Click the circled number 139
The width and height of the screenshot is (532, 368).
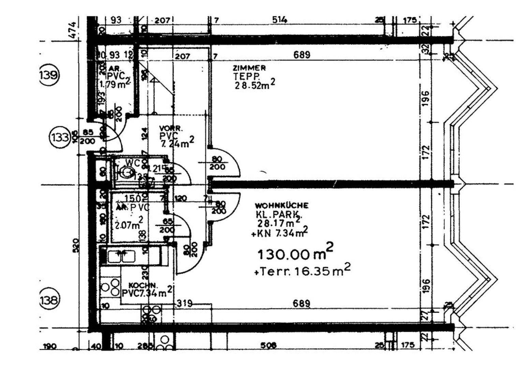tap(48, 75)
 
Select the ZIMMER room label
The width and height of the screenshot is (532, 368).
tap(249, 68)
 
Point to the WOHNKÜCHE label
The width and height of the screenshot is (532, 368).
tap(282, 205)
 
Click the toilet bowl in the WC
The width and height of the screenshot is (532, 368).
tap(127, 172)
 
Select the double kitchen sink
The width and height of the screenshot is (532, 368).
tap(121, 256)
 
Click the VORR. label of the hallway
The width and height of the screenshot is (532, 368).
tap(171, 129)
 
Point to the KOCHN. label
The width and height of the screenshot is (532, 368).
tap(143, 285)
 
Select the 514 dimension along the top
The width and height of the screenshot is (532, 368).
tap(279, 20)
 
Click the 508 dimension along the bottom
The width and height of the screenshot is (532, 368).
tap(269, 345)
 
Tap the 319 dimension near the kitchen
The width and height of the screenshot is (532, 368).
tap(185, 303)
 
